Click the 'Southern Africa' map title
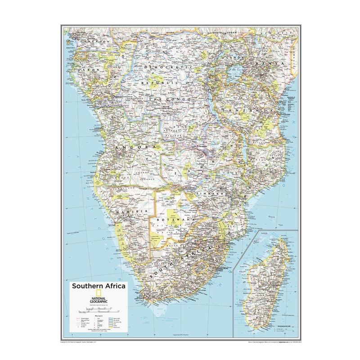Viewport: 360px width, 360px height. pyautogui.click(x=98, y=286)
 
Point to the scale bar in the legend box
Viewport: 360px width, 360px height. pyautogui.click(x=98, y=310)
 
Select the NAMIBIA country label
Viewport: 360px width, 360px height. pyautogui.click(x=131, y=211)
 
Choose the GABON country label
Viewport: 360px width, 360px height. pyautogui.click(x=87, y=71)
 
